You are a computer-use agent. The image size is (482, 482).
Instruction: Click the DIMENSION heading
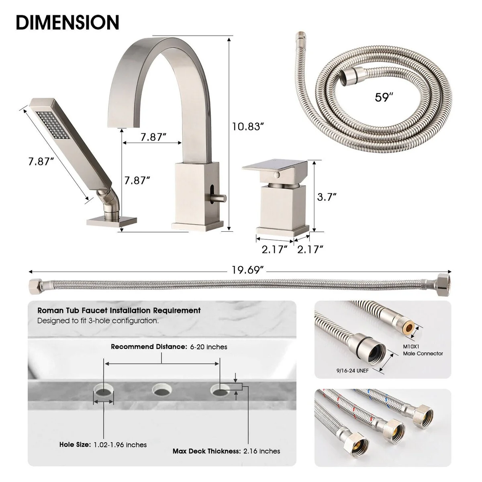(x=67, y=22)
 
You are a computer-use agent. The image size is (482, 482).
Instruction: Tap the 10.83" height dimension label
(x=248, y=127)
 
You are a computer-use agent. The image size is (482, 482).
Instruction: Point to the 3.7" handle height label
(x=327, y=197)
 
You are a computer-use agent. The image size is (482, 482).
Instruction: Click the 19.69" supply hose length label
(x=247, y=270)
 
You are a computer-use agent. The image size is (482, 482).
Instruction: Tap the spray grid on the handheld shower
(x=53, y=125)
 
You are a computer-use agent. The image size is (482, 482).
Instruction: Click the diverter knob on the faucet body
(x=220, y=198)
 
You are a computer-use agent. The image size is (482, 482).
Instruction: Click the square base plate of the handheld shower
(x=112, y=221)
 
